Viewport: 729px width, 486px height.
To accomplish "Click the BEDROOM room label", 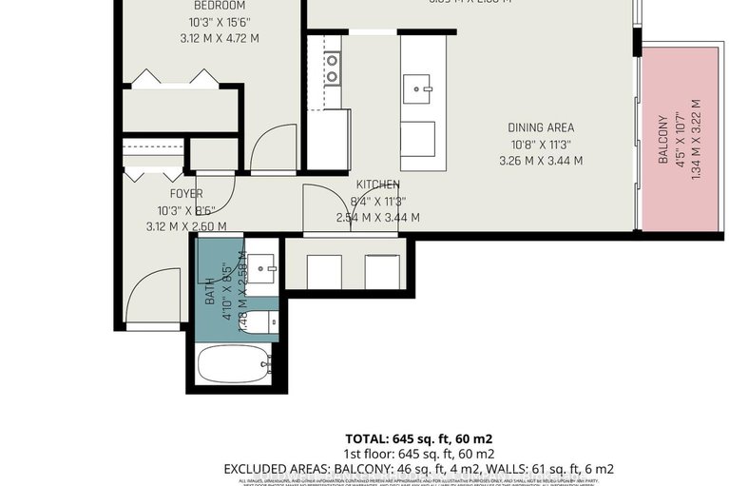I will (220, 6).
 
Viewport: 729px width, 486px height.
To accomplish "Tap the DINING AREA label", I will (540, 127).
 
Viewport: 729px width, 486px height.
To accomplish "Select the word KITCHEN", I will (377, 185).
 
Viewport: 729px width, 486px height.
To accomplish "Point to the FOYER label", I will (186, 194).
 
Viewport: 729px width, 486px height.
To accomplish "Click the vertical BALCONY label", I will (665, 157).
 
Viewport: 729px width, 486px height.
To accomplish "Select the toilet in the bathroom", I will (263, 323).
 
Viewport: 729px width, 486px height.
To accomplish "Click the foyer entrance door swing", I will (149, 295).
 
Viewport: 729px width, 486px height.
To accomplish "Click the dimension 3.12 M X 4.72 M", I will (220, 38).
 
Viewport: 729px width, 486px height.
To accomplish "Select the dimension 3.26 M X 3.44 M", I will (540, 160).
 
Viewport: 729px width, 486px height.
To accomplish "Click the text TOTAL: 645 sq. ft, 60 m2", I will (418, 438).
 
